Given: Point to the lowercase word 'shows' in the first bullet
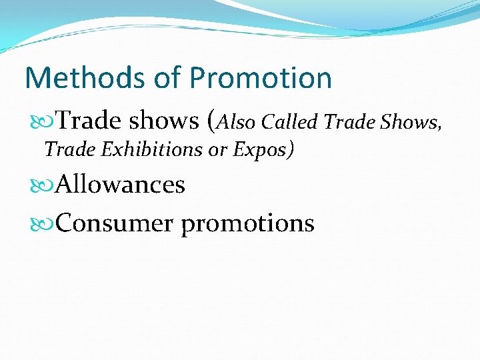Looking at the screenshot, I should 163,121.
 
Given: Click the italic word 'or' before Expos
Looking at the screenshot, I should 219,150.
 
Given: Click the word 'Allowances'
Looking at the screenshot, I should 121,184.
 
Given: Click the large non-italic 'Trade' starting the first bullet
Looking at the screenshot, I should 89,121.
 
